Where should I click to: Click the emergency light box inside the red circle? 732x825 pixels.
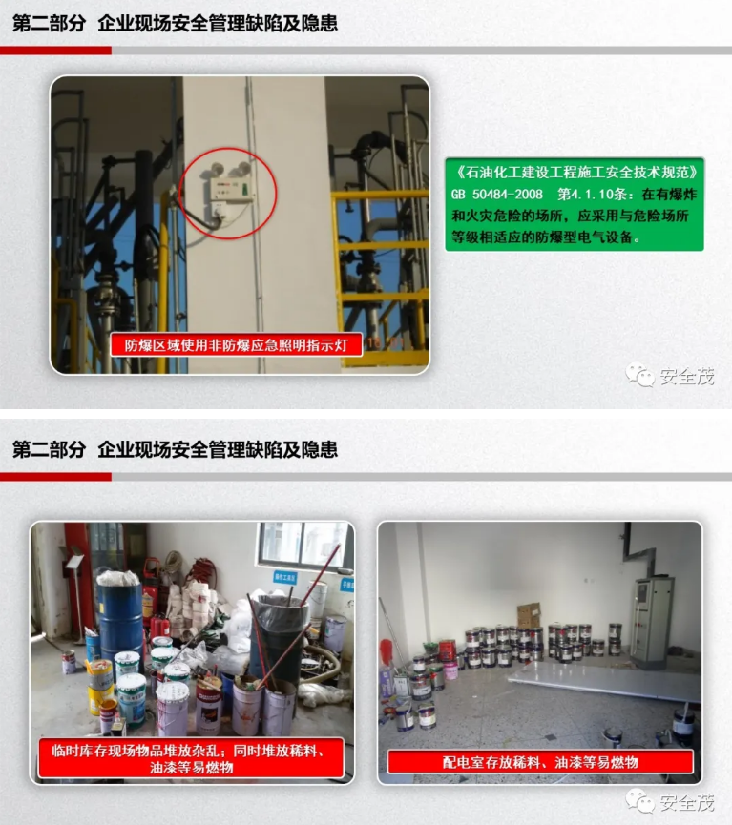[x=225, y=189]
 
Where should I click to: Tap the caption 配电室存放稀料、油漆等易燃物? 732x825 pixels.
[x=539, y=761]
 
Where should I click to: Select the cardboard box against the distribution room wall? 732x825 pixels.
[x=529, y=614]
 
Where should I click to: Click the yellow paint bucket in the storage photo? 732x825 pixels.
[x=99, y=682]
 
